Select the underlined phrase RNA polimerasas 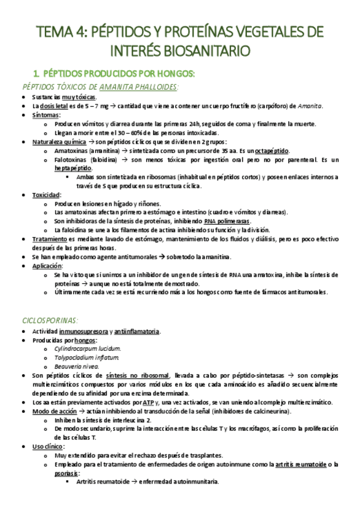pyautogui.click(x=227, y=221)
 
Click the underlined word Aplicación pyautogui.click(x=47, y=266)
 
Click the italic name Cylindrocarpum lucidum pyautogui.click(x=87, y=348)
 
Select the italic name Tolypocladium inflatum pyautogui.click(x=87, y=357)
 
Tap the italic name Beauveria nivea pyautogui.click(x=76, y=366)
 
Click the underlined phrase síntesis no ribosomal pyautogui.click(x=137, y=375)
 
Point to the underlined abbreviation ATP pyautogui.click(x=148, y=402)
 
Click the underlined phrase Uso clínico pyautogui.click(x=48, y=446)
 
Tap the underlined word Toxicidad pyautogui.click(x=46, y=195)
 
